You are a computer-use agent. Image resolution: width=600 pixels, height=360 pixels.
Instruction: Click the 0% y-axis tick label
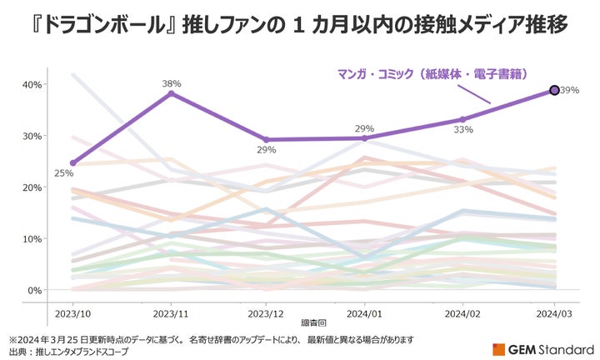tap(32, 291)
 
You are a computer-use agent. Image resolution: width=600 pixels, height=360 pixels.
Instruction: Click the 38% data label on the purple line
tap(172, 83)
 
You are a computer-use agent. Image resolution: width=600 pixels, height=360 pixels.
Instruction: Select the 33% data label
tap(464, 130)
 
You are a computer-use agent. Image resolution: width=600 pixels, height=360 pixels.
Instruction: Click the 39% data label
tap(570, 90)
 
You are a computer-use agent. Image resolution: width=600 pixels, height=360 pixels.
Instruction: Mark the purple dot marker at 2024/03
tap(554, 90)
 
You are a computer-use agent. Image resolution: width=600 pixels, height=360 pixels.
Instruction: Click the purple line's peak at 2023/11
tap(171, 93)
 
